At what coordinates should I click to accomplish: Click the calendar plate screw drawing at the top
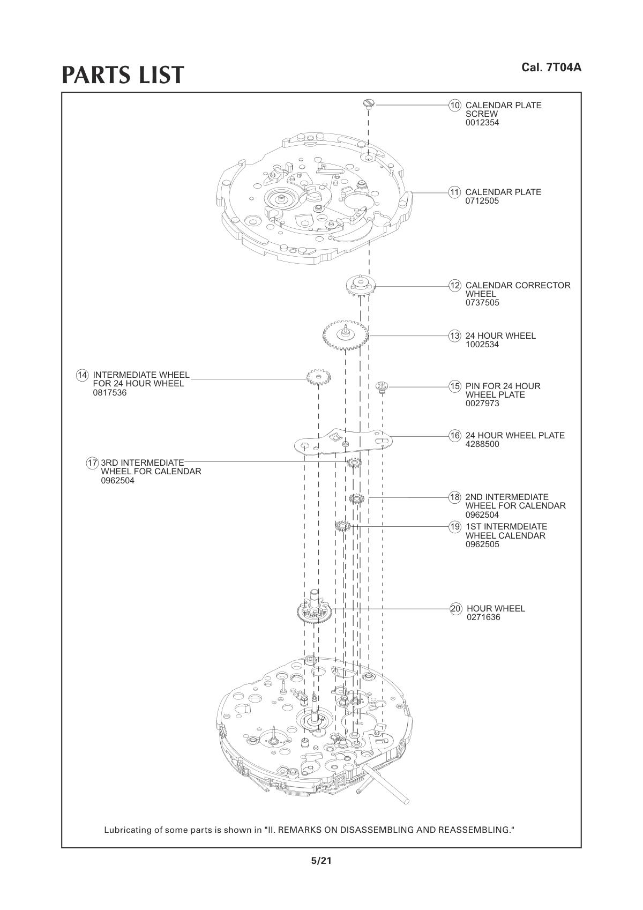(x=369, y=104)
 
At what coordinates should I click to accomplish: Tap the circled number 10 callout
(x=455, y=105)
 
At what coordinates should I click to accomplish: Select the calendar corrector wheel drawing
(x=361, y=286)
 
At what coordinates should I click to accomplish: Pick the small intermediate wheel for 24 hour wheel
(x=319, y=378)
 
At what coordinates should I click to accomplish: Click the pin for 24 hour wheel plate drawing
(x=382, y=386)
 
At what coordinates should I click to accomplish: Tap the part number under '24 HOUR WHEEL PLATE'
(x=482, y=444)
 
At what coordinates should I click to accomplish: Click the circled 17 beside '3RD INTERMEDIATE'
(x=92, y=463)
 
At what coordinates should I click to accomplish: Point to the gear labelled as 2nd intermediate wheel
(x=357, y=498)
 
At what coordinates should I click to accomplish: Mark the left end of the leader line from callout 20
(x=332, y=609)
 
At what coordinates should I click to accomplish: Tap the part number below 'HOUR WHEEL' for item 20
(x=483, y=617)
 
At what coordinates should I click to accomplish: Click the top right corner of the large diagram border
(x=581, y=93)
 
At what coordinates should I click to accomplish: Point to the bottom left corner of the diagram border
(x=62, y=847)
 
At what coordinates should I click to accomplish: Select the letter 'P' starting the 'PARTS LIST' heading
(x=70, y=75)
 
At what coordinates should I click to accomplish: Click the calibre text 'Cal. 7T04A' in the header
(x=551, y=67)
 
